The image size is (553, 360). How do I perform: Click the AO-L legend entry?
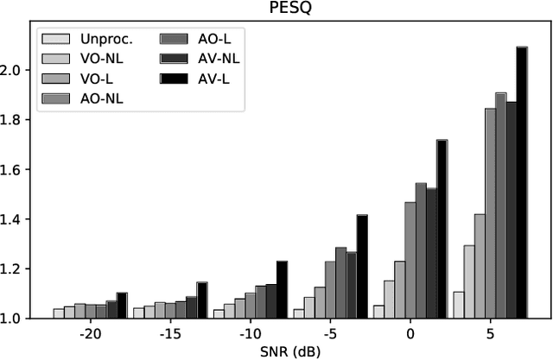click(x=198, y=39)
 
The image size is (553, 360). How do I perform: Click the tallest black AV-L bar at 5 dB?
click(x=522, y=182)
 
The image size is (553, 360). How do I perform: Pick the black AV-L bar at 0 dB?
click(x=442, y=229)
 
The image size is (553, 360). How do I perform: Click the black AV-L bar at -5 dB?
click(x=362, y=267)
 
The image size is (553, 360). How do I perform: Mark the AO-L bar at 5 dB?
click(x=500, y=205)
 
